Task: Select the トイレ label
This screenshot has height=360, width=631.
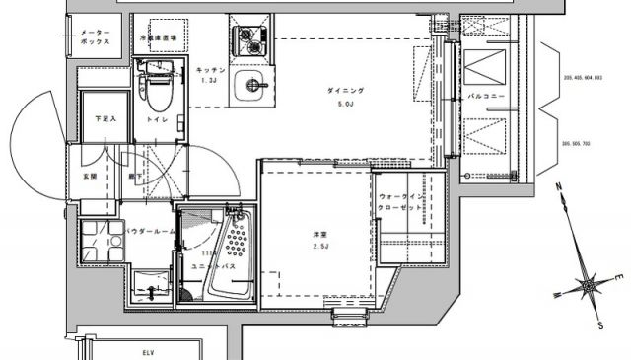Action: [x=157, y=120]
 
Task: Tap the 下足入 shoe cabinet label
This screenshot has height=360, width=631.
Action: [x=105, y=119]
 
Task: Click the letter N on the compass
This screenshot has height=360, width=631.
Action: [x=558, y=185]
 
